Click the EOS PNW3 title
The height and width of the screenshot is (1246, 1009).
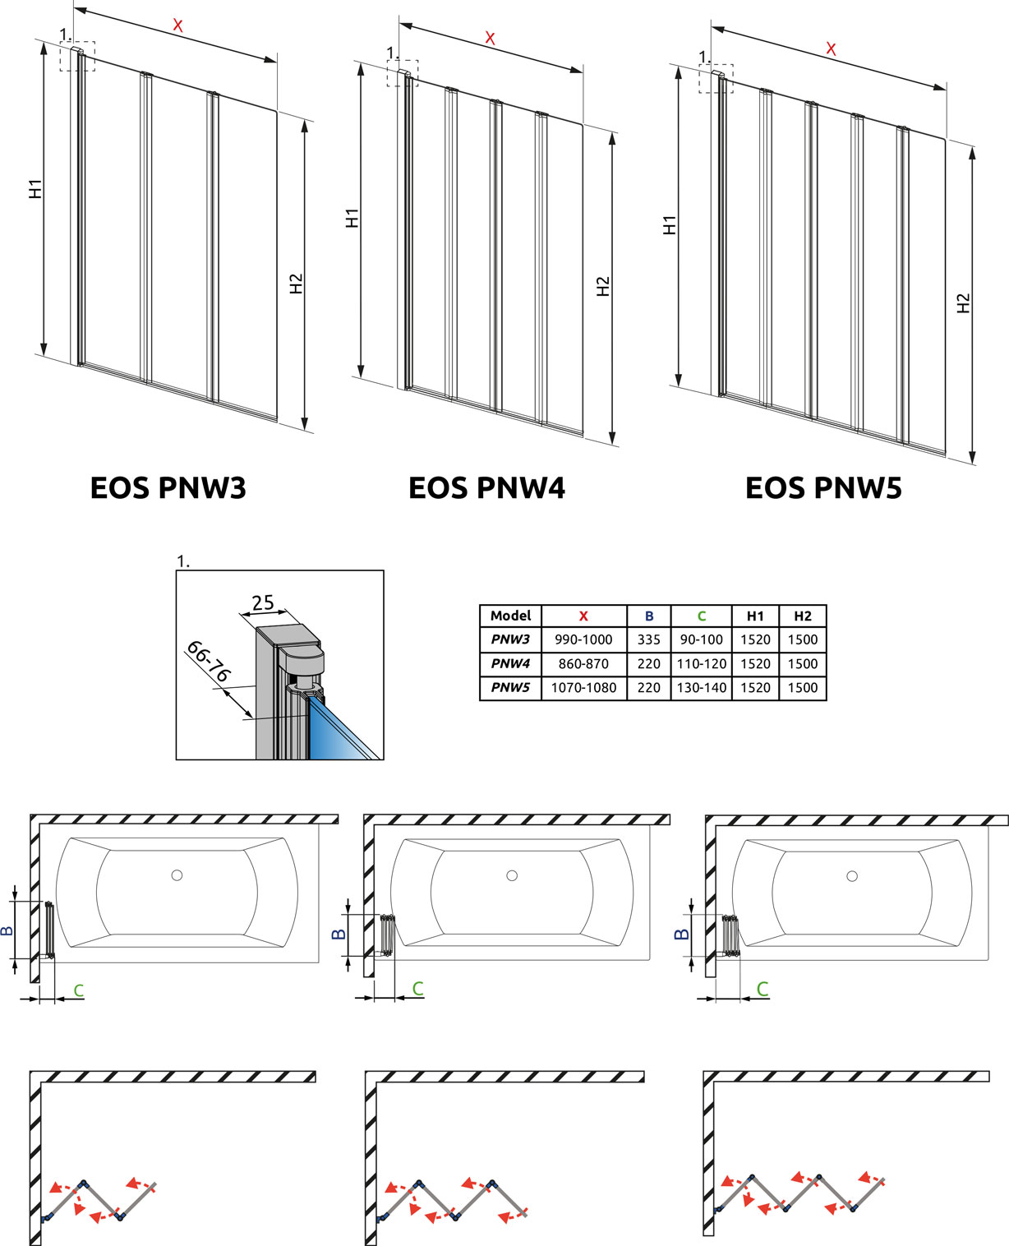point(168,487)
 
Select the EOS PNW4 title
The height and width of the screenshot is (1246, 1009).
point(486,487)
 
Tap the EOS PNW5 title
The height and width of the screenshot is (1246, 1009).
point(823,487)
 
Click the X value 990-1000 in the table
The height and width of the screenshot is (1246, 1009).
point(583,639)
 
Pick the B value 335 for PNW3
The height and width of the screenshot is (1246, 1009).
point(648,639)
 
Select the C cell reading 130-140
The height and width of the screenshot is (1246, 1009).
point(701,688)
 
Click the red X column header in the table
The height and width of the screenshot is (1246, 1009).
point(583,616)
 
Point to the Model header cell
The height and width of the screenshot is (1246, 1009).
point(510,616)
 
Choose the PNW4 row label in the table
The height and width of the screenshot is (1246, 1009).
point(510,663)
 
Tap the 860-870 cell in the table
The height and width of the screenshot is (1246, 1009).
point(583,663)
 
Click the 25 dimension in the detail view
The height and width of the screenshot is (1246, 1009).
point(263,602)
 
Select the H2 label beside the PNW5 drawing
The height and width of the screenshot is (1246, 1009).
point(964,303)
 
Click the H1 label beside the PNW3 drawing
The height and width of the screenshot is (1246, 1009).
point(35,189)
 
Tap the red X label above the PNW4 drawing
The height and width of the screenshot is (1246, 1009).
point(490,38)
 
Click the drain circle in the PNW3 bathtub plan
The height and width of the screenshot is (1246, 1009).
point(177,875)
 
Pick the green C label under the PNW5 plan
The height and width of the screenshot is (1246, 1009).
point(763,989)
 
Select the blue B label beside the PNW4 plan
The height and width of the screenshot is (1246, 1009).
point(338,934)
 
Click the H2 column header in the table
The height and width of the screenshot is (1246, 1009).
point(802,616)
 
